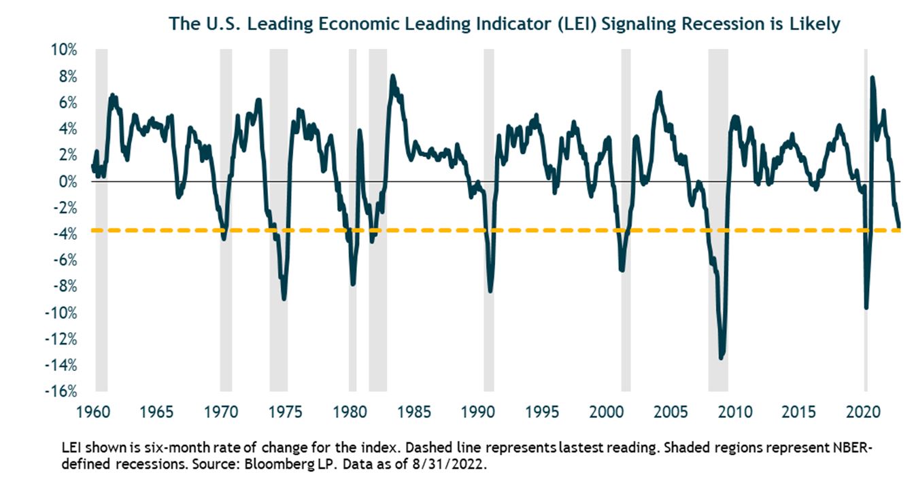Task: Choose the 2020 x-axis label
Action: click(x=864, y=412)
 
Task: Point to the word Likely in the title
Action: click(x=817, y=24)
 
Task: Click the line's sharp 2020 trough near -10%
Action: click(x=866, y=308)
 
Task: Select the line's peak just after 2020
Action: click(x=872, y=77)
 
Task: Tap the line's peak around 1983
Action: click(x=392, y=76)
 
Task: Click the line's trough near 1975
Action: click(x=284, y=298)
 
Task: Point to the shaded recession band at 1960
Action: click(x=101, y=217)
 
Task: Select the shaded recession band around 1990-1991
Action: click(x=488, y=217)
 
